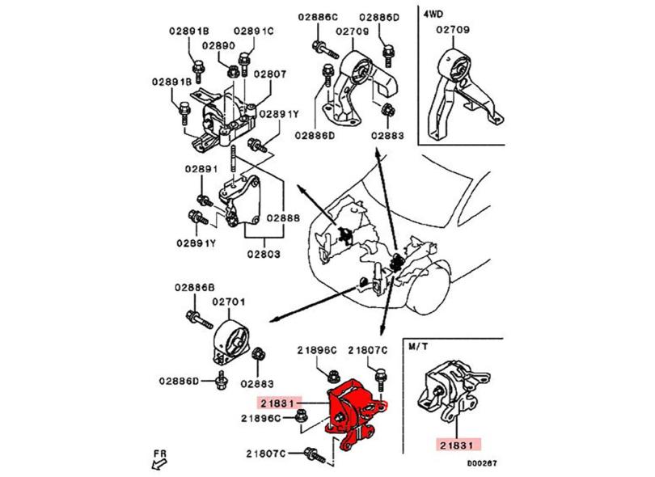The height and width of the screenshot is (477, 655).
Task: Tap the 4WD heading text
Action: click(x=433, y=15)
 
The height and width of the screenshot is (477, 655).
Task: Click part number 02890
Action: click(x=218, y=45)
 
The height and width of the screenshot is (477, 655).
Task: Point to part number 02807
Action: click(x=270, y=74)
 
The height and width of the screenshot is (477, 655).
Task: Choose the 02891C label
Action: click(x=254, y=31)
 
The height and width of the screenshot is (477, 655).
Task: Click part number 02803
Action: click(x=264, y=254)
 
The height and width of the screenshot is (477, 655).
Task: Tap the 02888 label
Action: click(x=283, y=217)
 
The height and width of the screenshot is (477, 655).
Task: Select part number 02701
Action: click(x=229, y=302)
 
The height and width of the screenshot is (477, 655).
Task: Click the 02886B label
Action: click(x=195, y=287)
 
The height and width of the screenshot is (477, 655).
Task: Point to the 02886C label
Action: click(x=318, y=17)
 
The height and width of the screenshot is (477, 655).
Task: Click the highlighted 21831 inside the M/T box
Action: click(x=458, y=445)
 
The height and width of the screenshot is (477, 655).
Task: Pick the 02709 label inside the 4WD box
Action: click(x=453, y=30)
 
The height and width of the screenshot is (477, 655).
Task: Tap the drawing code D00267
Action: click(x=483, y=462)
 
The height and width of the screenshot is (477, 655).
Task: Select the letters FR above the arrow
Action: click(x=159, y=454)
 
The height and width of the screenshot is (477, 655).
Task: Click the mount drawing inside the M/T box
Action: click(x=453, y=390)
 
